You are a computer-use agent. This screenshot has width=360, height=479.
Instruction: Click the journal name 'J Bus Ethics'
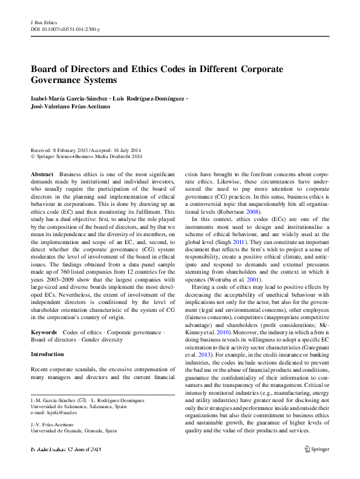coord(44,22)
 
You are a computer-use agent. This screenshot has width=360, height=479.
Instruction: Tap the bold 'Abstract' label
coord(42,174)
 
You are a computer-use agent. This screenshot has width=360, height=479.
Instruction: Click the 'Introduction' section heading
coord(47,354)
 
